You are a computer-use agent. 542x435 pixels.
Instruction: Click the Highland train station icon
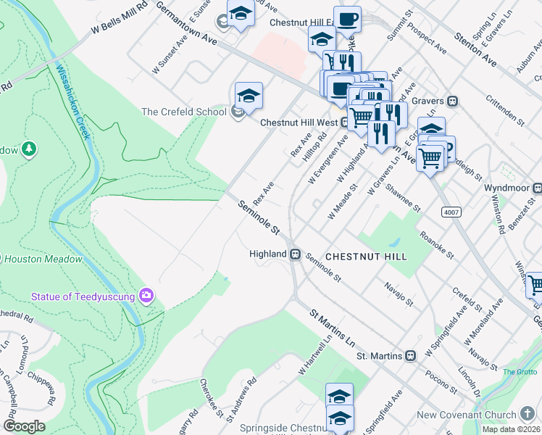click(x=296, y=254)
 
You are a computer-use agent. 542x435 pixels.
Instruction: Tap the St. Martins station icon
click(x=410, y=356)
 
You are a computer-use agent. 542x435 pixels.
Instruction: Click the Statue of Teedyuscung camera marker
click(x=147, y=295)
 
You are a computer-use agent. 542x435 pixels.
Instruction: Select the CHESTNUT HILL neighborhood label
click(x=366, y=257)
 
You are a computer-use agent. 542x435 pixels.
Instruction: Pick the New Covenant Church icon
click(x=528, y=415)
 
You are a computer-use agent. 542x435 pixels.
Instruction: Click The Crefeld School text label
click(x=184, y=112)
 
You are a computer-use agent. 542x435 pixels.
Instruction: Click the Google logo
click(x=24, y=426)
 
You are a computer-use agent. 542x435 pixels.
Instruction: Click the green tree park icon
click(x=28, y=149)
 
